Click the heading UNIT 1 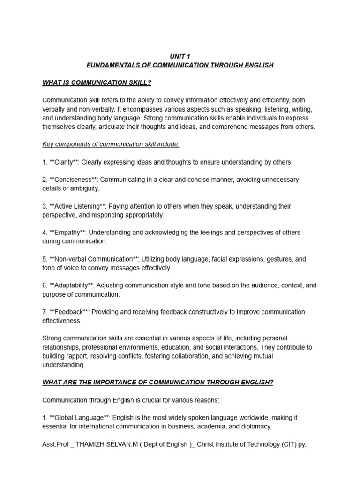tap(180, 56)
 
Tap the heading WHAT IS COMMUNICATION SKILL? tap(97, 83)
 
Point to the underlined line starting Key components tap(111, 144)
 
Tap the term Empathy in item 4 tap(68, 232)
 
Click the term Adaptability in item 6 tap(72, 285)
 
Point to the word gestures tap(281, 259)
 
